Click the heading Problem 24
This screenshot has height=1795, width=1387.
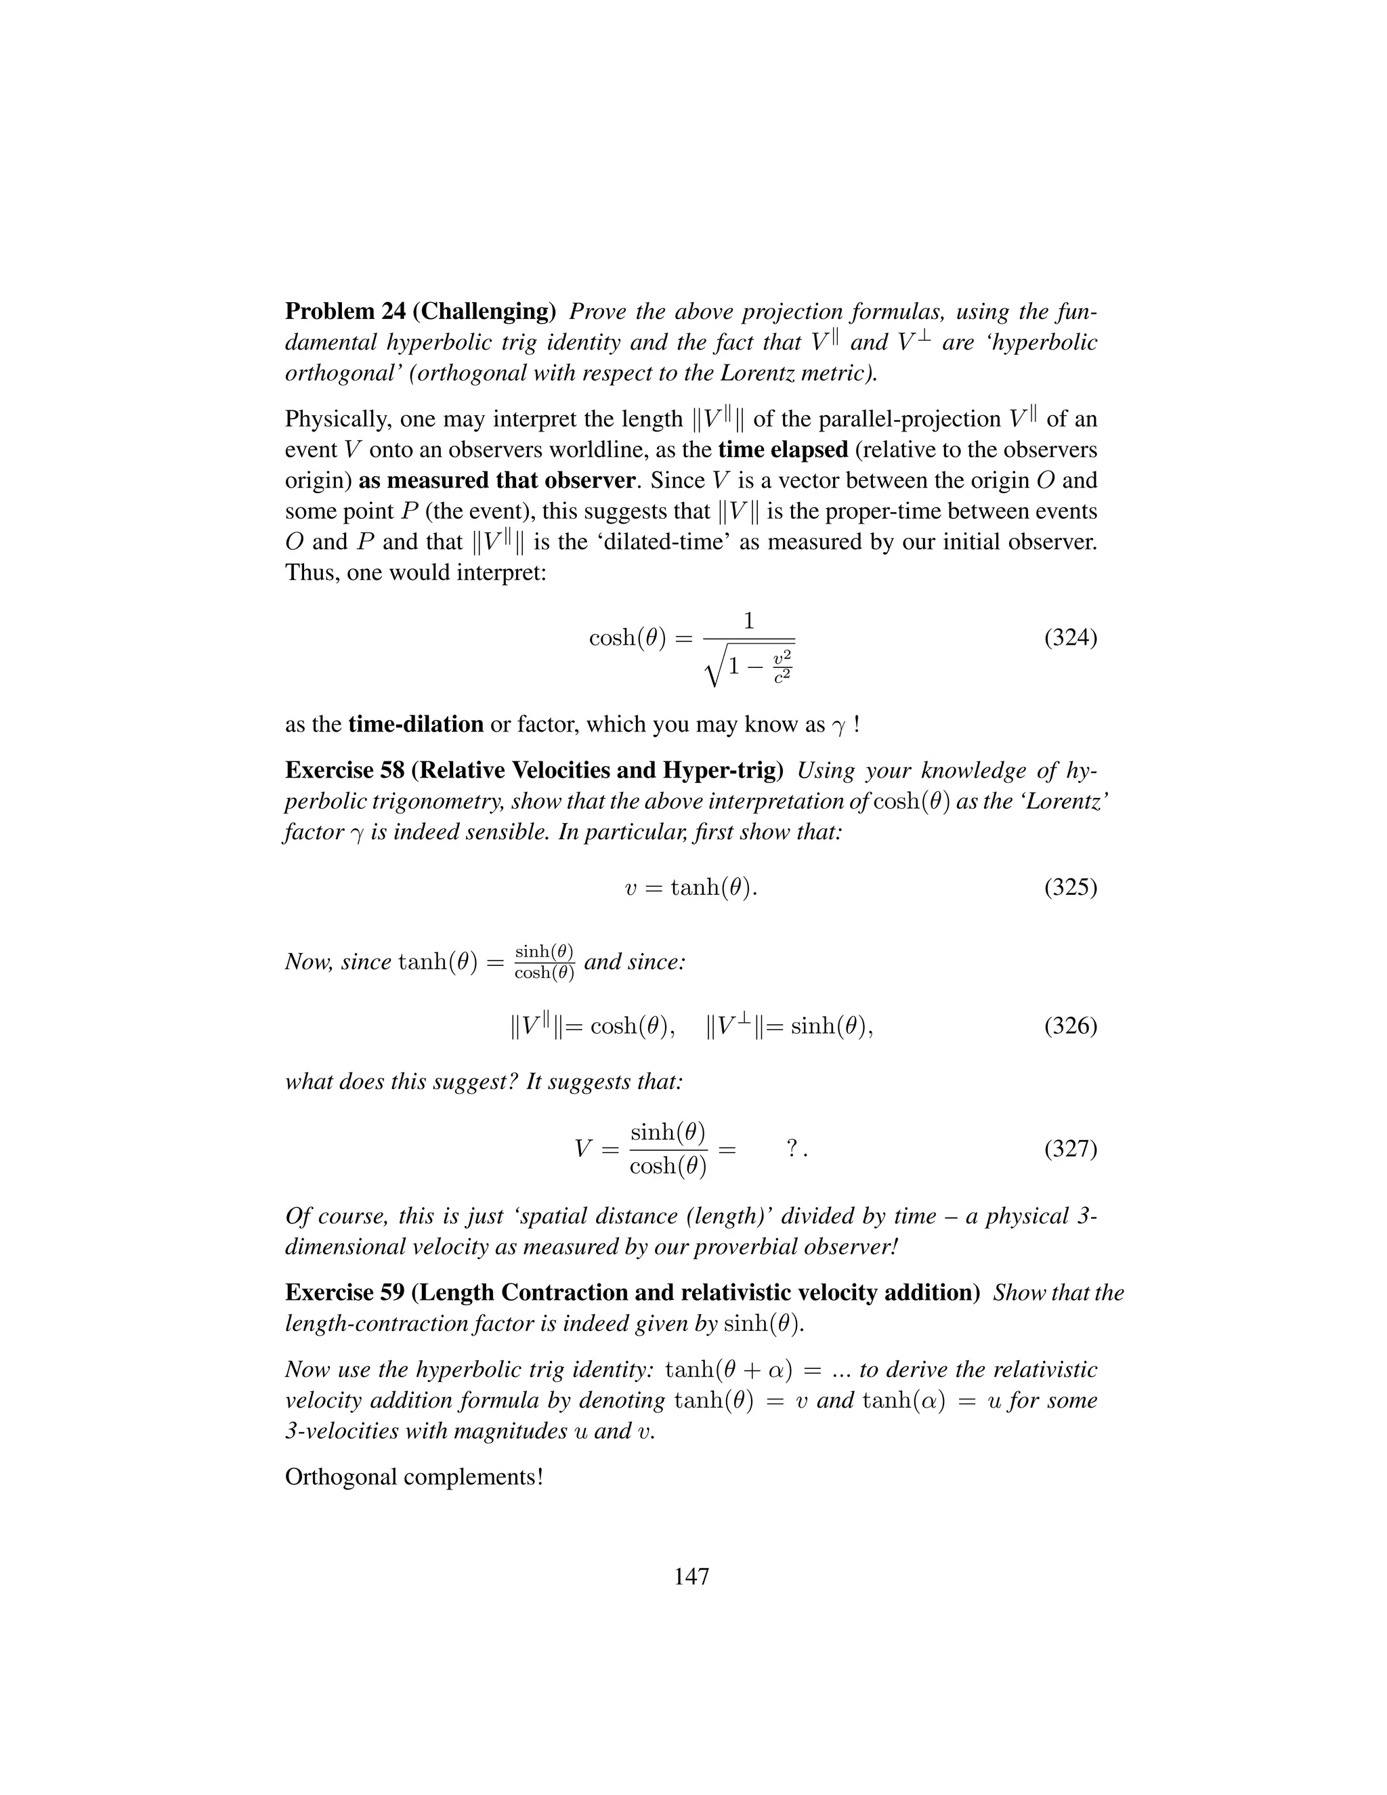(x=345, y=312)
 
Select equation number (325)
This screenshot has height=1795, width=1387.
(x=1070, y=887)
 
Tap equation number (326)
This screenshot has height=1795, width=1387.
(x=1070, y=1026)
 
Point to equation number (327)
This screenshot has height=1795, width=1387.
(x=1070, y=1148)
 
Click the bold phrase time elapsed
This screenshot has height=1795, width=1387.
(x=782, y=450)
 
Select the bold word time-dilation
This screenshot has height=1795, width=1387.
(x=416, y=724)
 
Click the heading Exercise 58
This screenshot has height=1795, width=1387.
(x=345, y=770)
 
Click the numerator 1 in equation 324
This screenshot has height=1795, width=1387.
(x=748, y=621)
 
